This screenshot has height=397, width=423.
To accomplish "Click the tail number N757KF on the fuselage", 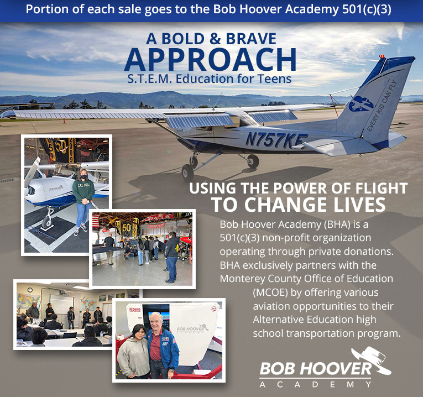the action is (x=276, y=140).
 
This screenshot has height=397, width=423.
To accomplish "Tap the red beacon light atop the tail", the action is (x=382, y=56).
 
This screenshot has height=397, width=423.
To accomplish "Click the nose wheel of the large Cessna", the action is (x=187, y=172).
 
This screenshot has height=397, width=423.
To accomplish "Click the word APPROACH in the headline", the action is (x=211, y=60).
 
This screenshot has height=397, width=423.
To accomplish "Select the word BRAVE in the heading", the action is (x=251, y=39).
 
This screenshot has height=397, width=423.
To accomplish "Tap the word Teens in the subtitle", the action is (x=274, y=79).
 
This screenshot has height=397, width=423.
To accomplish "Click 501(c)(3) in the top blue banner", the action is (x=367, y=9).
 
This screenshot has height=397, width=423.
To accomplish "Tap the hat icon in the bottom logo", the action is (x=372, y=361).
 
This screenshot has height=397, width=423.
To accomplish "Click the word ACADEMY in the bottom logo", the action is (x=315, y=384).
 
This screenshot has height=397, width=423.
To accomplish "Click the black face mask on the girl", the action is (x=83, y=177).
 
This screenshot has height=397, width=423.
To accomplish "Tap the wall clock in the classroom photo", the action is (x=30, y=290).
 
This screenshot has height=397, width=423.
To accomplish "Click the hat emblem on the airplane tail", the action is (x=361, y=103).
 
